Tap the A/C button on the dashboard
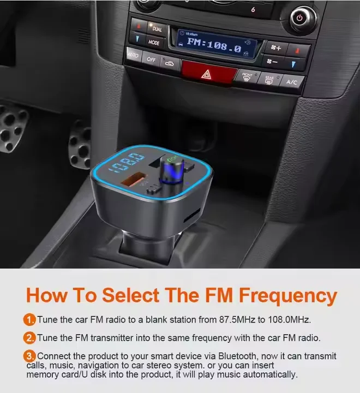[x=292, y=82]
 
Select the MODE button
[x=154, y=42]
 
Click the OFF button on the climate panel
[x=151, y=59]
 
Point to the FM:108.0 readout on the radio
[x=214, y=46]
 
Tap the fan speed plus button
[x=275, y=48]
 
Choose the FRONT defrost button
[x=247, y=76]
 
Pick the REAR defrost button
[x=269, y=80]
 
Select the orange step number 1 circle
[x=29, y=319]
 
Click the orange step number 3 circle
[x=29, y=356]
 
